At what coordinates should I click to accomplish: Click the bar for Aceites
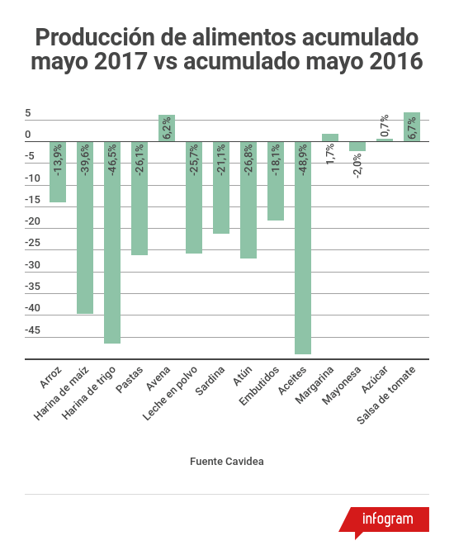click(303, 248)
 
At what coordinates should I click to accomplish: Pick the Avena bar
click(167, 128)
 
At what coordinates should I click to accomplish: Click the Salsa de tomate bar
click(412, 127)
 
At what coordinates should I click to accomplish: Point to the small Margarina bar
click(330, 137)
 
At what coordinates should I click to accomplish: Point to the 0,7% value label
click(385, 126)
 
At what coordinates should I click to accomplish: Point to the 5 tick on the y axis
click(28, 113)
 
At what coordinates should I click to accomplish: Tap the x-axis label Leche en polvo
click(170, 391)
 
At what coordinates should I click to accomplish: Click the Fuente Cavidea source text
click(227, 461)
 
